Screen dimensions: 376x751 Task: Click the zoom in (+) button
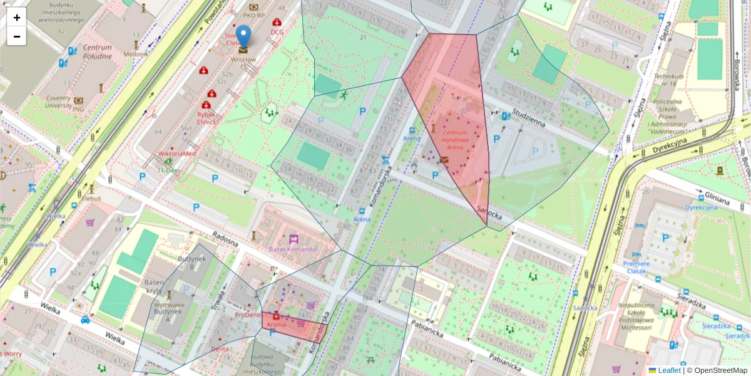(x=17, y=18)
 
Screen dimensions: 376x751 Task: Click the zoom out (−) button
(x=17, y=36)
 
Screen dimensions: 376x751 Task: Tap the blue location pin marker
(x=243, y=36)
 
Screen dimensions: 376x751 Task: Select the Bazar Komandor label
(x=294, y=249)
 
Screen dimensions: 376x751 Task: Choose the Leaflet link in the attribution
(x=668, y=370)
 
